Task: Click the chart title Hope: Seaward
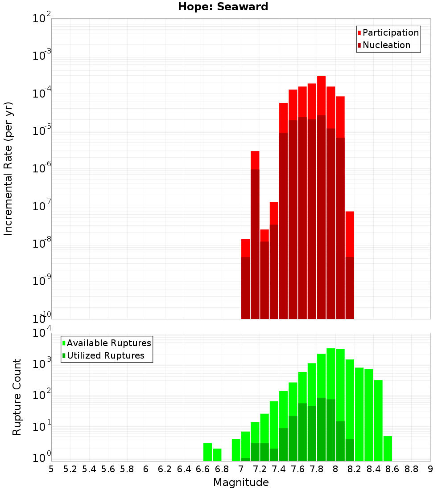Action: (x=223, y=7)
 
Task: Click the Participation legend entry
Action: (x=388, y=33)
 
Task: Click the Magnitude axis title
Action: (x=241, y=482)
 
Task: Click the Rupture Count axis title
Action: (x=17, y=396)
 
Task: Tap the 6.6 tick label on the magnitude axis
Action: (x=203, y=469)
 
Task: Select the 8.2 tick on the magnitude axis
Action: (x=355, y=469)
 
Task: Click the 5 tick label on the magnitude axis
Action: (x=51, y=469)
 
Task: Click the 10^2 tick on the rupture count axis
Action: (x=41, y=395)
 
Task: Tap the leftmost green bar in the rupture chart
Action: (x=207, y=452)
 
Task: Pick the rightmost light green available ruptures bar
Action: (x=388, y=448)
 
